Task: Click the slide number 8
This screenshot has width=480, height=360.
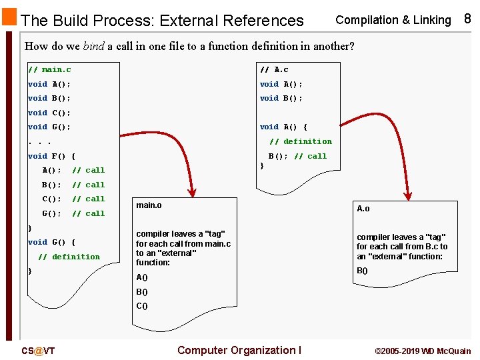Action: tap(467, 19)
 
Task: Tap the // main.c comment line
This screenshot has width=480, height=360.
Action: tap(49, 69)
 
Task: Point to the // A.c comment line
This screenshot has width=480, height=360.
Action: tap(274, 69)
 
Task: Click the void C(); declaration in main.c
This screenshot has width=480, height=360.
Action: tap(49, 113)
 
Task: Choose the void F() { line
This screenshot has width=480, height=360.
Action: tap(51, 156)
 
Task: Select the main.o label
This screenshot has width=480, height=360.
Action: tap(149, 205)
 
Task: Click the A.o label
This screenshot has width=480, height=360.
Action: tap(363, 209)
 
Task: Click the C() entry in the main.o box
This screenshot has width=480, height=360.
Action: tap(142, 306)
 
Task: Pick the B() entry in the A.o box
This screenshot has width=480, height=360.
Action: tap(363, 271)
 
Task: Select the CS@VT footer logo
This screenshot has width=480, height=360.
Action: tap(38, 351)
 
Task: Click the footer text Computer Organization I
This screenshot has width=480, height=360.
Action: tap(239, 350)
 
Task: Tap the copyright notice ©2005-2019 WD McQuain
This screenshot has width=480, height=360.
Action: tap(423, 351)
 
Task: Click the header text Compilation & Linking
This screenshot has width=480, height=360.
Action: tap(393, 20)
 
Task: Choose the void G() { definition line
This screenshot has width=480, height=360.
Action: tap(51, 242)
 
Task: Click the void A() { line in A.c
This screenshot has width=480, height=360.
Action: tap(283, 127)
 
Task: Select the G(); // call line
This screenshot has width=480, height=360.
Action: tap(73, 213)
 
